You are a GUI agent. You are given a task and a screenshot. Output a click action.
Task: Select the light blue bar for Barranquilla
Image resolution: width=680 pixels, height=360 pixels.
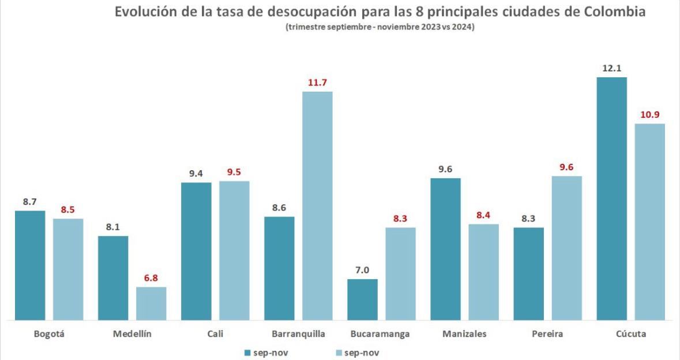click(x=317, y=205)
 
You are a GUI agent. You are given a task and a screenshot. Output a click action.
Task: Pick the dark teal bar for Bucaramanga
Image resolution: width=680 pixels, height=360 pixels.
click(x=362, y=299)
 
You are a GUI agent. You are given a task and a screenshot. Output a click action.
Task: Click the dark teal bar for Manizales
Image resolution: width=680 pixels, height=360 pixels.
click(x=445, y=249)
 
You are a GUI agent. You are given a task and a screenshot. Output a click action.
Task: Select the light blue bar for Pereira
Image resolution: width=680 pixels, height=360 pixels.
click(x=566, y=247)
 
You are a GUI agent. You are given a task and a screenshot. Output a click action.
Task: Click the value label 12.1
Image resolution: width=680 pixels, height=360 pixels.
click(x=611, y=67)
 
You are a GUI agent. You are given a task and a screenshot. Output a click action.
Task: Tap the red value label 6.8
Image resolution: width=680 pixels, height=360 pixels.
click(x=151, y=277)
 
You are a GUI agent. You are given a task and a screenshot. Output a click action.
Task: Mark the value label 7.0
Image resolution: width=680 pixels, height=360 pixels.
click(x=362, y=269)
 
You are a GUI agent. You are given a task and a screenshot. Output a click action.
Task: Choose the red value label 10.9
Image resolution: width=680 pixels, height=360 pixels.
click(x=649, y=114)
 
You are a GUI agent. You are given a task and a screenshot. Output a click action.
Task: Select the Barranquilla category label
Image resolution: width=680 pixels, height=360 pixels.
click(x=298, y=334)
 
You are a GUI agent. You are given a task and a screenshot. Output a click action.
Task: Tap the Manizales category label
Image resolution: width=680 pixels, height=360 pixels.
click(x=464, y=334)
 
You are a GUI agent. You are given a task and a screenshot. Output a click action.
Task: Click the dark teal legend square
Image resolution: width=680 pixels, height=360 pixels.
click(x=248, y=352)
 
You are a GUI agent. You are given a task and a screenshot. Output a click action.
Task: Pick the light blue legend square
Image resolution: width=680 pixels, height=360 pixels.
click(x=339, y=352)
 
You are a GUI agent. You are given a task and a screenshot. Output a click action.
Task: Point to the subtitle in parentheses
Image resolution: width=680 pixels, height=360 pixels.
click(x=380, y=28)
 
